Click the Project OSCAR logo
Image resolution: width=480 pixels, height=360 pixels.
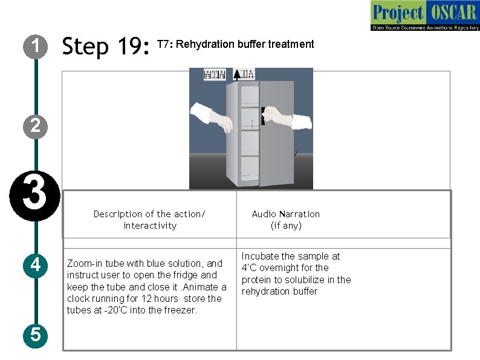coord(424,16)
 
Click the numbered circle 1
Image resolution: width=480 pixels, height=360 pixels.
coord(36,45)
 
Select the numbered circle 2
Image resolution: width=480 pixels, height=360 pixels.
coord(36,125)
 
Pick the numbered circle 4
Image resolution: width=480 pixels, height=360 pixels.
coord(36,264)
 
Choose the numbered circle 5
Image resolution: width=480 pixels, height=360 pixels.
coord(36,334)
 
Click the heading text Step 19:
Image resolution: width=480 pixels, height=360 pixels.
coord(106,45)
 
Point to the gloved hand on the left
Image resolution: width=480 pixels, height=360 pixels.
coord(212,117)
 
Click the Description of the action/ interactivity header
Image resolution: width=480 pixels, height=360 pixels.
coord(149,220)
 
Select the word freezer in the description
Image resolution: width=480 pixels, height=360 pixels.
coord(181,310)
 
